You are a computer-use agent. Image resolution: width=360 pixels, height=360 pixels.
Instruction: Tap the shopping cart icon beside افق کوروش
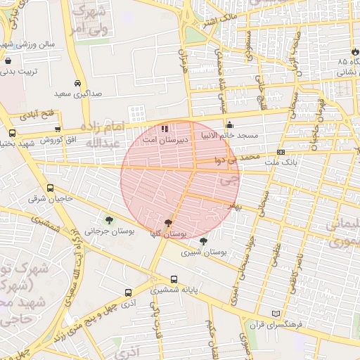58,129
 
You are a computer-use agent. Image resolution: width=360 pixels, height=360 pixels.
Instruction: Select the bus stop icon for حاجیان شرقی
50,188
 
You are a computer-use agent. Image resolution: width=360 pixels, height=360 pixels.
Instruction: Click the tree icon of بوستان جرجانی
108,219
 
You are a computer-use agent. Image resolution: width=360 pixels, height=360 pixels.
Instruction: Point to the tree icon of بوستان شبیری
203,241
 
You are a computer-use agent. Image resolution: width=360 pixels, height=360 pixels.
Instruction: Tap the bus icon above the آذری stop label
128,292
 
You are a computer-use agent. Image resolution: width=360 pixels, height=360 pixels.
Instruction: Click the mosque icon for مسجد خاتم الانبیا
229,125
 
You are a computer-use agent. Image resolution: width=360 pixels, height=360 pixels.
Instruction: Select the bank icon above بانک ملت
281,152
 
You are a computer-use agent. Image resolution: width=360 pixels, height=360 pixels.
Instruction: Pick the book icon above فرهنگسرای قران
276,314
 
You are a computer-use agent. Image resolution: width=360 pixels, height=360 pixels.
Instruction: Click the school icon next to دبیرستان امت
165,129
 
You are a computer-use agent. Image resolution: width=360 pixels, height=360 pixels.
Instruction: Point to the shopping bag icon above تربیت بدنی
8,61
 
